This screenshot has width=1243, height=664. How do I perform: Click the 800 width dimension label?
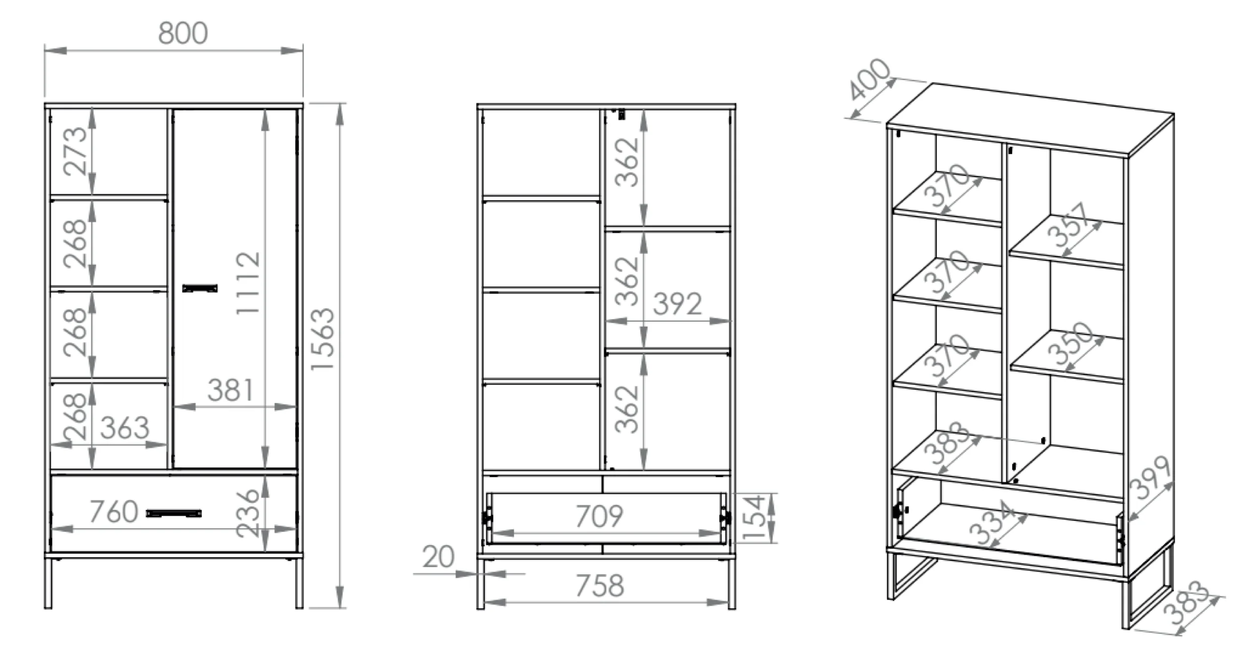(x=183, y=33)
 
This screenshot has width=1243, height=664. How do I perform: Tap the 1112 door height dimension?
(x=248, y=283)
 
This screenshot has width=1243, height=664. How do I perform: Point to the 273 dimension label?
(x=76, y=151)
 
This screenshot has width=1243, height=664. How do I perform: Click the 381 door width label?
(x=230, y=390)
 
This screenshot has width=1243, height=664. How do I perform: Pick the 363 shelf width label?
(x=124, y=427)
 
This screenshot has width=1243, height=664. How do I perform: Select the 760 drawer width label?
(x=114, y=511)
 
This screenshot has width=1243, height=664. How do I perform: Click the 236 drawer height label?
(x=247, y=513)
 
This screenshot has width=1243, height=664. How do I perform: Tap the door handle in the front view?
(x=200, y=288)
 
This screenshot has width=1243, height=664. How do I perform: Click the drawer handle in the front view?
(x=174, y=513)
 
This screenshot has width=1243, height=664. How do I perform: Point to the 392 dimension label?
(x=677, y=304)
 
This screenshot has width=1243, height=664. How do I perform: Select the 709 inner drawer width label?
(x=599, y=516)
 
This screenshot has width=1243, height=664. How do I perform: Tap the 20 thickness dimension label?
(x=438, y=557)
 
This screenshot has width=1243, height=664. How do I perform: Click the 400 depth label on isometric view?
(x=869, y=80)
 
